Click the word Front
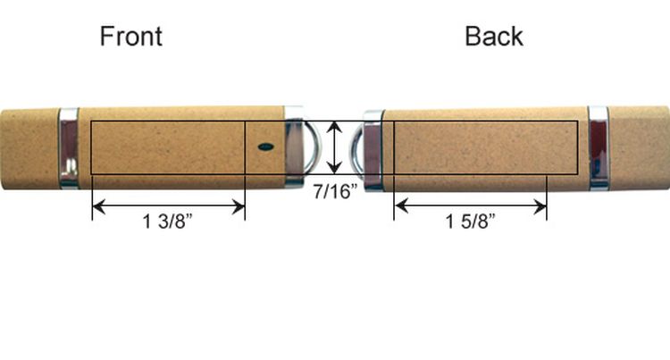pyautogui.click(x=130, y=37)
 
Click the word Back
pyautogui.click(x=494, y=37)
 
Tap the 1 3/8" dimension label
pyautogui.click(x=168, y=222)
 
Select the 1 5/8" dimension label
pyautogui.click(x=471, y=222)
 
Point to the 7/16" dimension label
pyautogui.click(x=335, y=191)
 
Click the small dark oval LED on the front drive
pyautogui.click(x=266, y=147)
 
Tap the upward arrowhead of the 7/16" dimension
pyautogui.click(x=334, y=127)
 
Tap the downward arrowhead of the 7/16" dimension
pyautogui.click(x=334, y=167)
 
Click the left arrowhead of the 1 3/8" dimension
pyautogui.click(x=98, y=207)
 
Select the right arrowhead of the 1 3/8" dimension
pyautogui.click(x=239, y=207)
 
